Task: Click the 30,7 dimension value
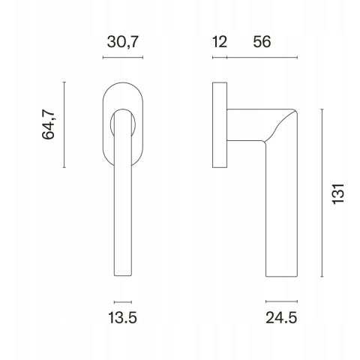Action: pyautogui.click(x=122, y=42)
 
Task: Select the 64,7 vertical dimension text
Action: pyautogui.click(x=48, y=124)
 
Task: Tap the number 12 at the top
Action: pyautogui.click(x=220, y=41)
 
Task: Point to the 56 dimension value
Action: pyautogui.click(x=262, y=41)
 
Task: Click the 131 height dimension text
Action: pyautogui.click(x=338, y=194)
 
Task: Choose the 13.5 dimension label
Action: pyautogui.click(x=122, y=318)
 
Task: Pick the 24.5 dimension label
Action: pyautogui.click(x=281, y=318)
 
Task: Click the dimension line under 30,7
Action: pyautogui.click(x=123, y=58)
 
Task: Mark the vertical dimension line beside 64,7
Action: pyautogui.click(x=64, y=124)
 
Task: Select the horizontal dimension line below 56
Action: pyautogui.click(x=262, y=58)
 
